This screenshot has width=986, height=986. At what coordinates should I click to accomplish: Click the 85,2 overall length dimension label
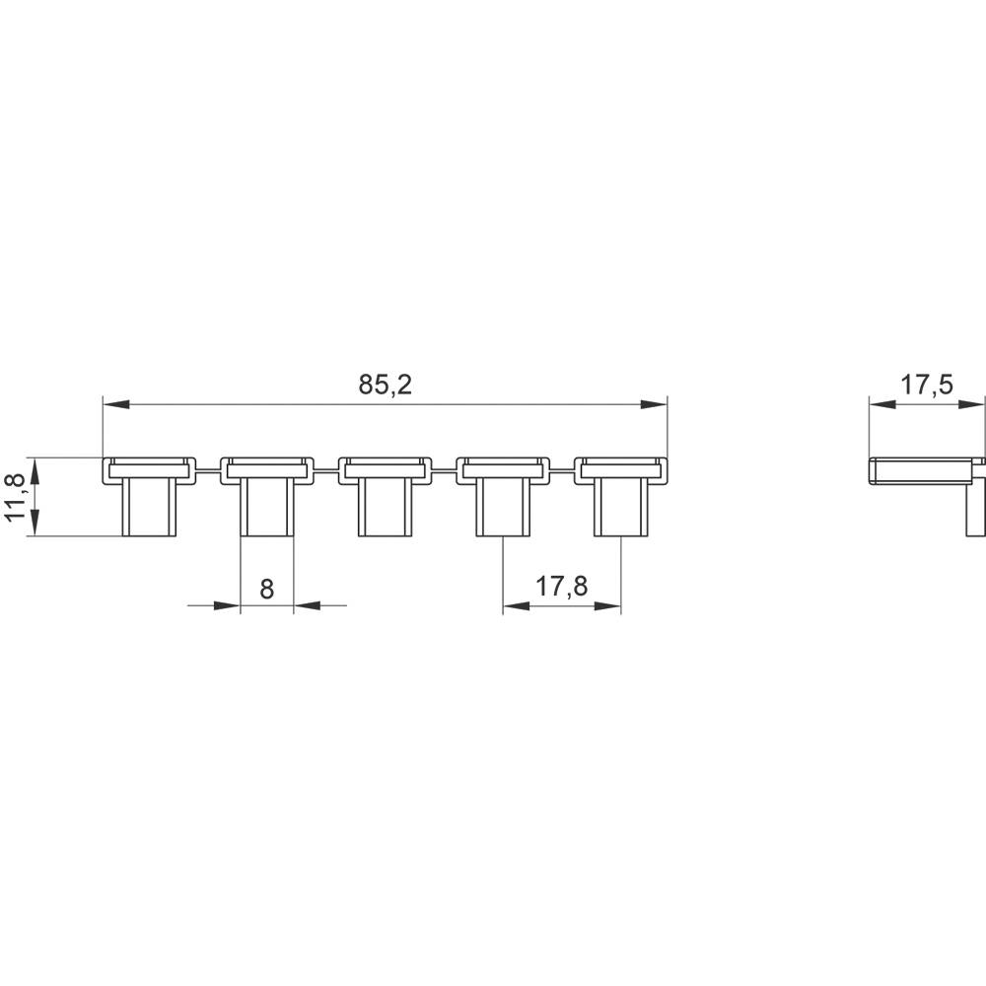385,385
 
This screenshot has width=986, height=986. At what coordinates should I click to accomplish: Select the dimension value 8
266,590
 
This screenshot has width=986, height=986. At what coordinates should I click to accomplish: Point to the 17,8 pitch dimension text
561,586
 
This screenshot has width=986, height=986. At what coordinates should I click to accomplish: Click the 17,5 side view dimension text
928,385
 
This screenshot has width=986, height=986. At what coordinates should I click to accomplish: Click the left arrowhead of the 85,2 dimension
116,404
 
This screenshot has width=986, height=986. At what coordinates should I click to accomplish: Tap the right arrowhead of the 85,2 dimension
654,404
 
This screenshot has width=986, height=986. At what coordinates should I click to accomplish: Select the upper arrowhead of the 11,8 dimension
35,471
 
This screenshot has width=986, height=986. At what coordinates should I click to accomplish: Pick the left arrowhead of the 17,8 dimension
517,606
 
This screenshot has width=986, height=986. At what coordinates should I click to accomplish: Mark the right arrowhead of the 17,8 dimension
607,606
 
